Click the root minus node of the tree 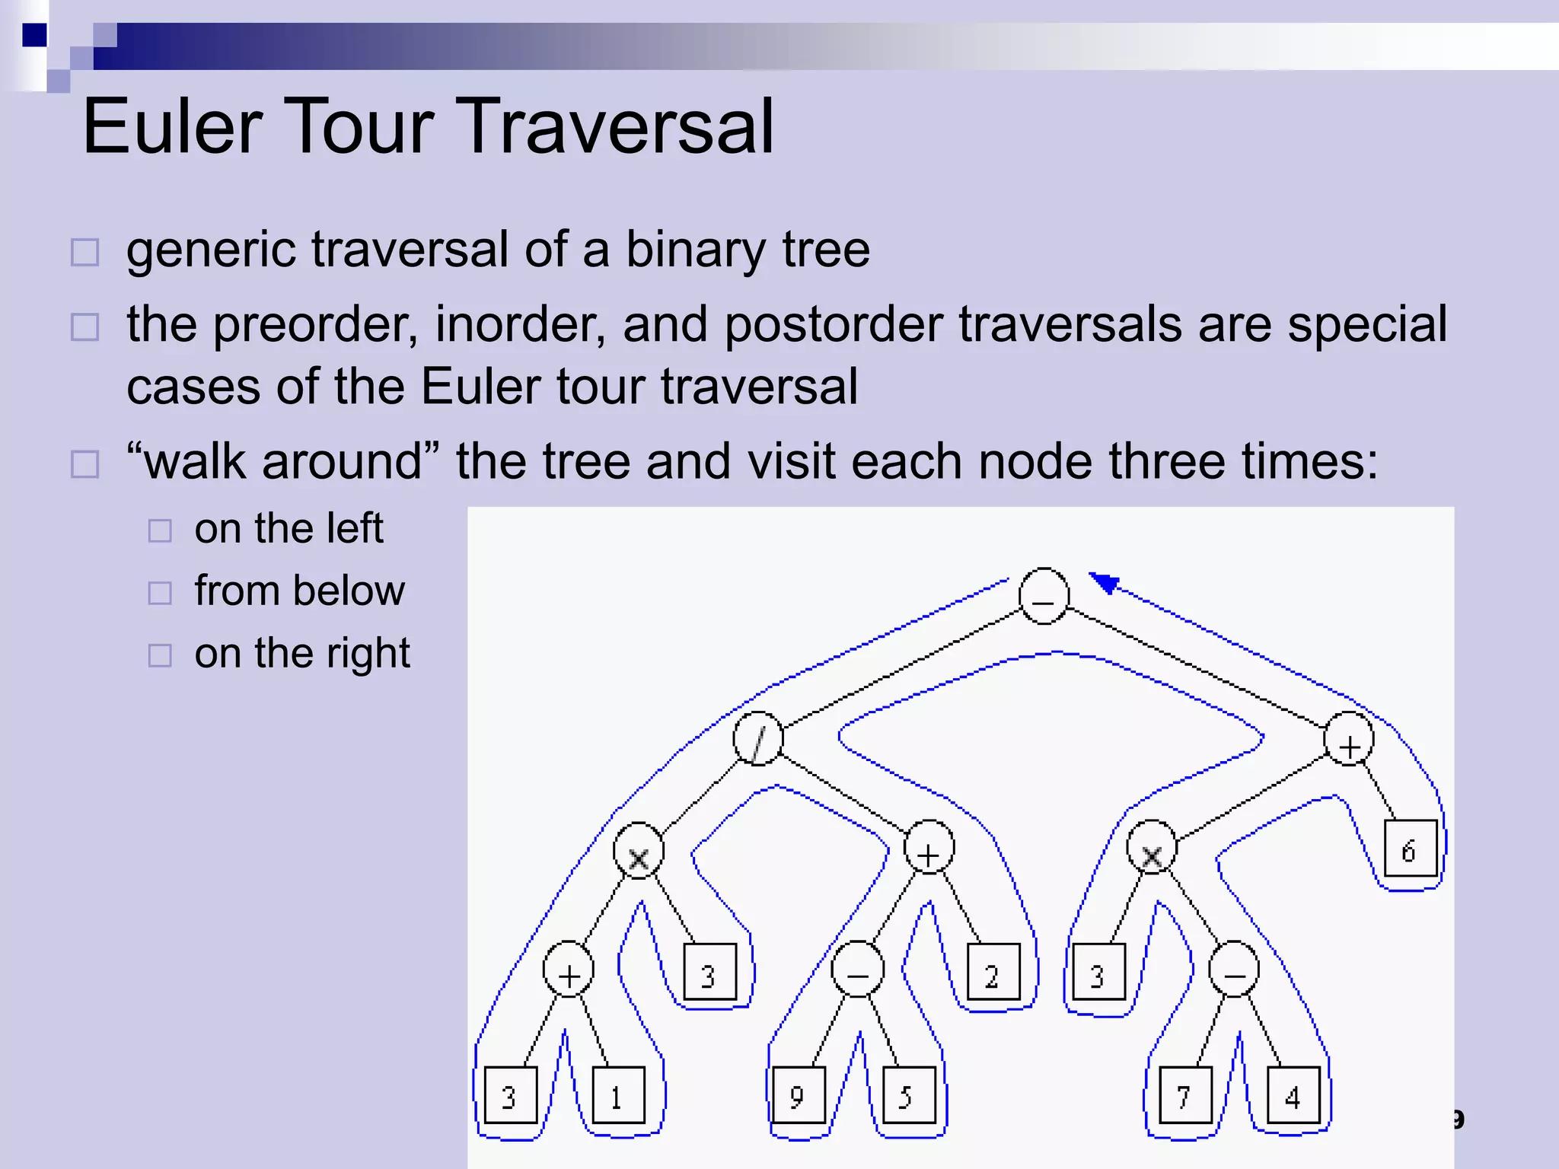[1044, 596]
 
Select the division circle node [758, 738]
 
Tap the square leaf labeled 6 [1411, 849]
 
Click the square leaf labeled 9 [798, 1095]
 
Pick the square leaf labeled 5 [909, 1095]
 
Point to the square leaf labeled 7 [1185, 1095]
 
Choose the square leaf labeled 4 [1293, 1095]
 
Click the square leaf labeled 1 [618, 1095]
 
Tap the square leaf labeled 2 [993, 972]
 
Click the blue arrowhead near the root [1105, 583]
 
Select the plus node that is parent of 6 [1348, 739]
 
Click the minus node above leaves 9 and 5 [858, 969]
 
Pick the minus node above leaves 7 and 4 [1233, 969]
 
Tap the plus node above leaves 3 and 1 [568, 969]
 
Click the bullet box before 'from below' [160, 593]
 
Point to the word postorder [834, 324]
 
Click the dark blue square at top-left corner [34, 35]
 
